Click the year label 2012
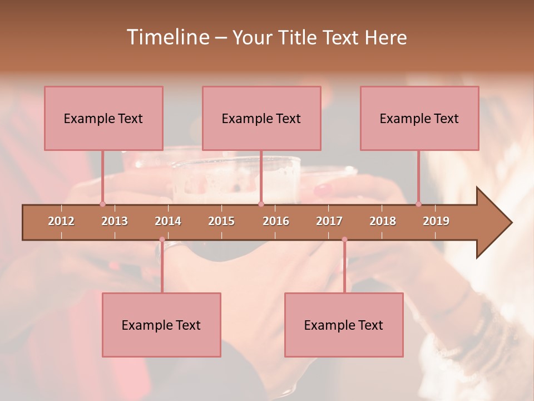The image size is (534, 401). coord(61,221)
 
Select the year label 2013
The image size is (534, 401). coord(115,221)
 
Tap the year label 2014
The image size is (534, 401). coord(168,221)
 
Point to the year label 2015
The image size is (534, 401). coord(221,221)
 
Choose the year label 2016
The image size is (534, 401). coord(276,221)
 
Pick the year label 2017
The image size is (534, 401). coord(329,221)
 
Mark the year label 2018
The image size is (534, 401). coord(383,221)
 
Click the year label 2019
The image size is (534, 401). coord(436,221)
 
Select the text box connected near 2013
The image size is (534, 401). coord(103,118)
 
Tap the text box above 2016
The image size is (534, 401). coord(261,118)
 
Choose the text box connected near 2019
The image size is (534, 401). coord(419,118)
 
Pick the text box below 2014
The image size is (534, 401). coord(161,325)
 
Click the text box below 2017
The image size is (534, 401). coord(344,325)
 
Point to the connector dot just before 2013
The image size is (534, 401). coord(102,204)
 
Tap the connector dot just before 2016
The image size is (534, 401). coord(261,204)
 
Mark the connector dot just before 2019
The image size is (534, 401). coord(419,204)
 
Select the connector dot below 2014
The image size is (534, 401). coord(162,239)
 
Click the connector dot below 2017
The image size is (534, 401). coord(344,239)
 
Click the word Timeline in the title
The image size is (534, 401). coord(167,37)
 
